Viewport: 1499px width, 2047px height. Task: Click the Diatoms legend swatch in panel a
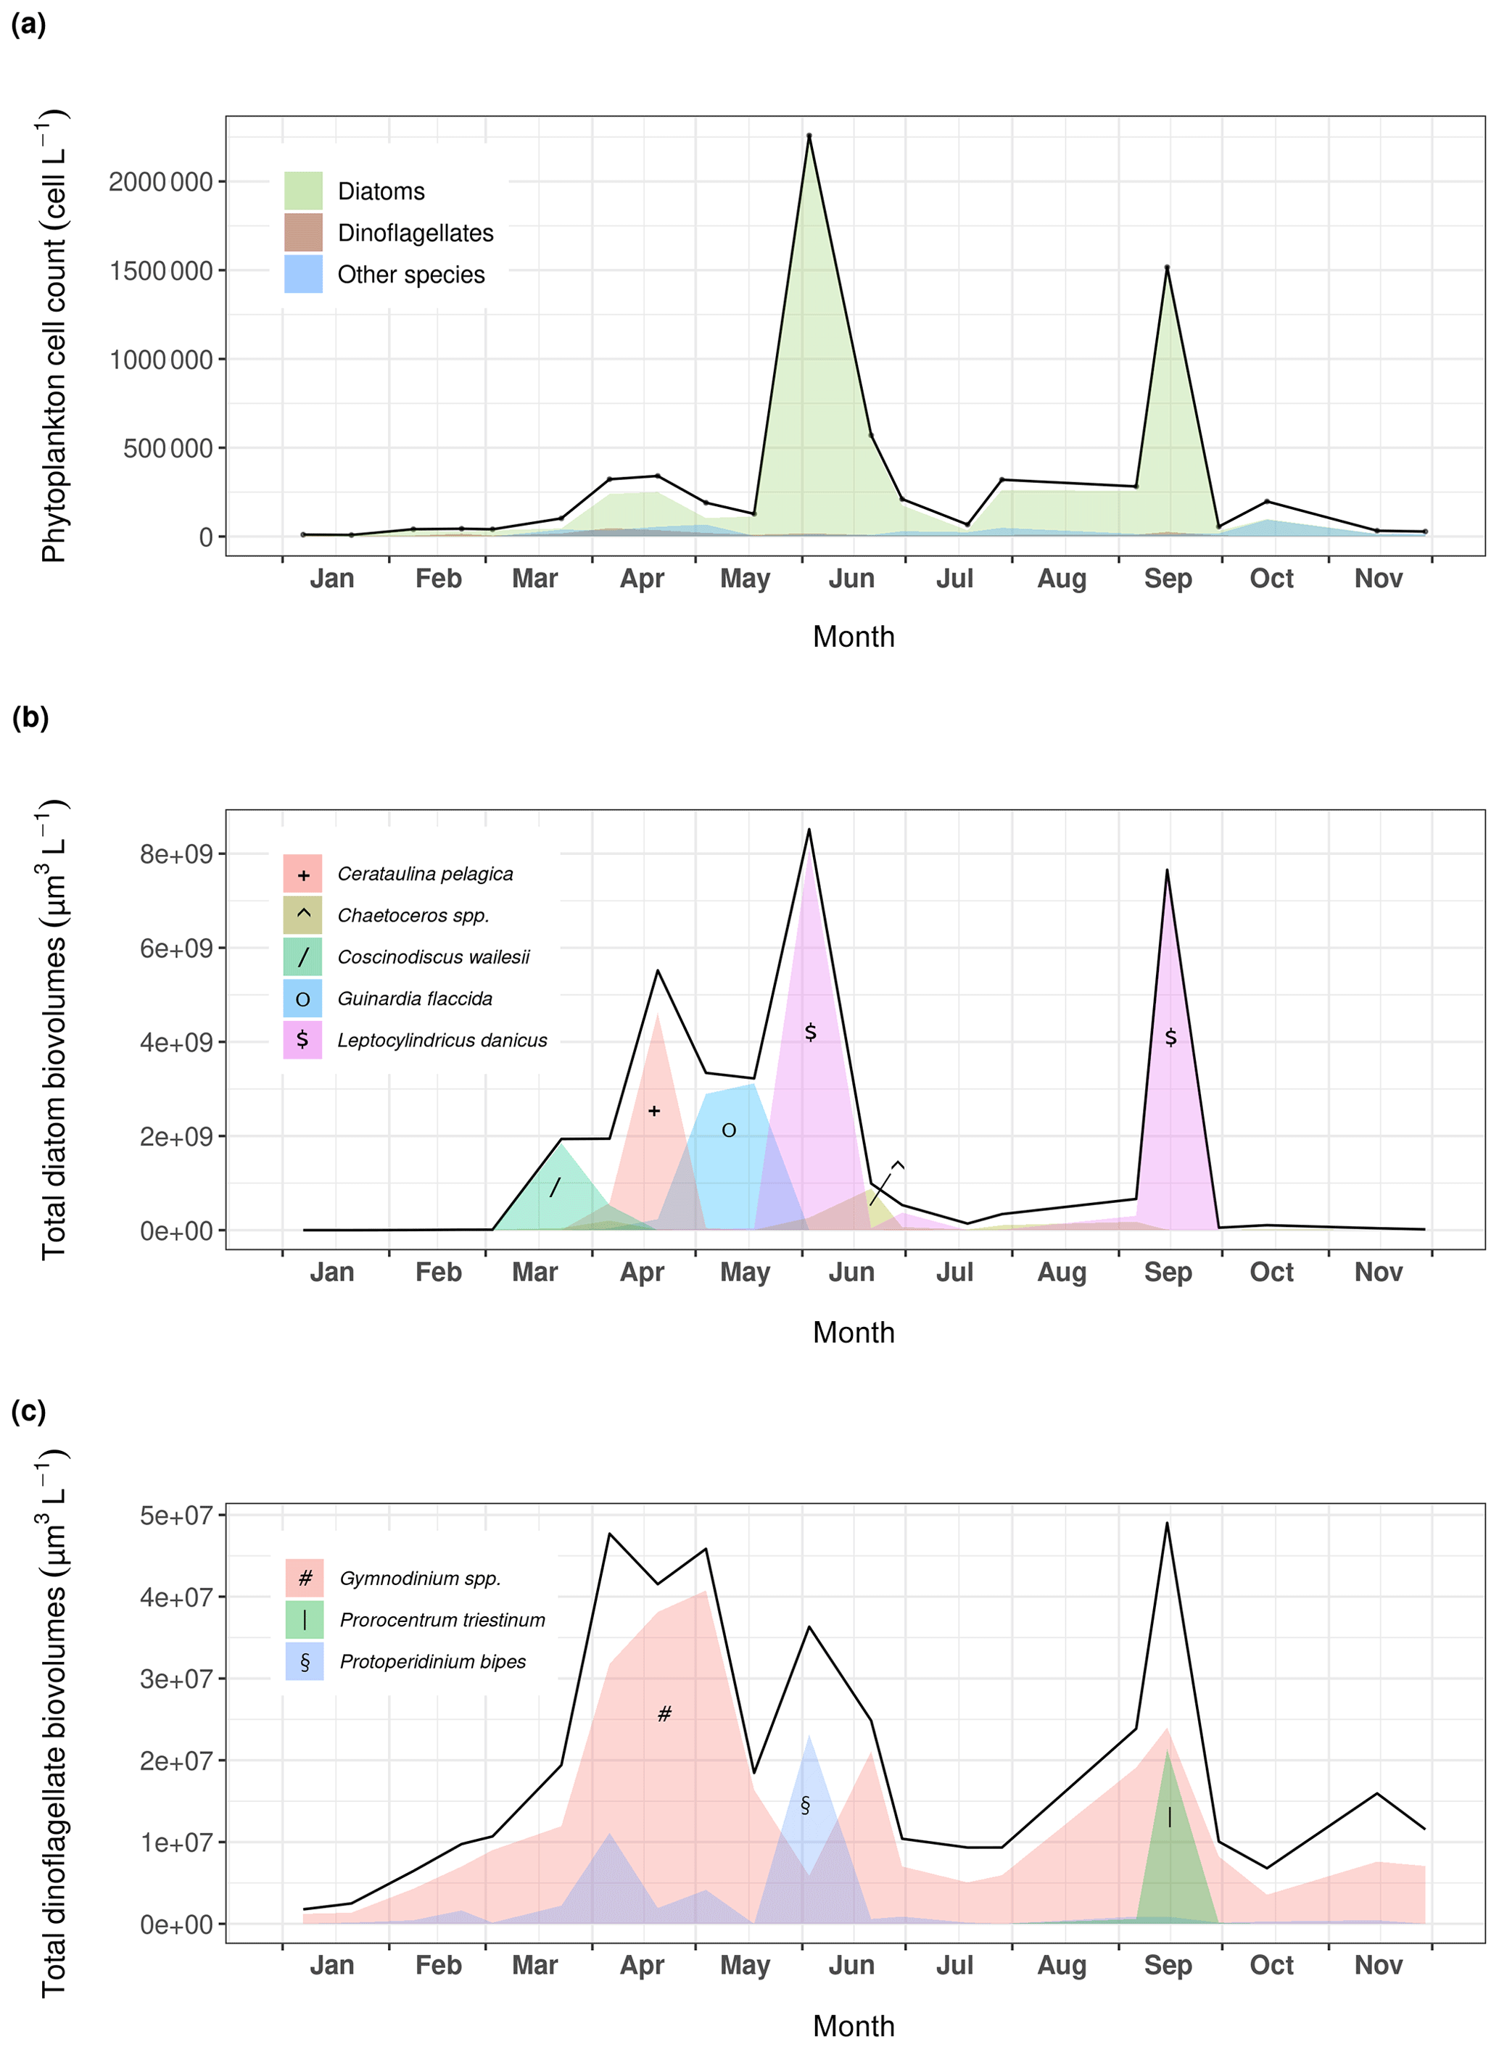coord(303,191)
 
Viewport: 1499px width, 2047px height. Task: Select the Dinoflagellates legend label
coord(415,233)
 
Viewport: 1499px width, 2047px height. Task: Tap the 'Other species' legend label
coord(410,275)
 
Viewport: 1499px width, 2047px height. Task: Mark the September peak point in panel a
coord(1167,268)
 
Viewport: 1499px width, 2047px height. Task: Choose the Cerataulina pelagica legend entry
coord(425,874)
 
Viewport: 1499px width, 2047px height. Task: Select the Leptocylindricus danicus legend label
coord(442,1040)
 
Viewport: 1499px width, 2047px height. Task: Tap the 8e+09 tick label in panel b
coord(175,854)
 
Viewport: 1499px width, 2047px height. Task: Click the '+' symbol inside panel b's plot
coord(654,1111)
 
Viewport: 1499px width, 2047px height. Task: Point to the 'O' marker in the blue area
coord(729,1130)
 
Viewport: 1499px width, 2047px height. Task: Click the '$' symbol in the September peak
coord(1170,1036)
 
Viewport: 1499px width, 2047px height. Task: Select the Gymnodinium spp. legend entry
coord(419,1578)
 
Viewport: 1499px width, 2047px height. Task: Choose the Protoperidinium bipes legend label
coord(433,1661)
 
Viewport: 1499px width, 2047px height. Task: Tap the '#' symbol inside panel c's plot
coord(664,1713)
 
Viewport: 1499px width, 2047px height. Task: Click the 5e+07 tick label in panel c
coord(175,1515)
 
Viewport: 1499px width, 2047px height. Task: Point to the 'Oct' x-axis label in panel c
coord(1271,1964)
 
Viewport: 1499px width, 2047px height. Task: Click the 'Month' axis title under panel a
coord(853,637)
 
